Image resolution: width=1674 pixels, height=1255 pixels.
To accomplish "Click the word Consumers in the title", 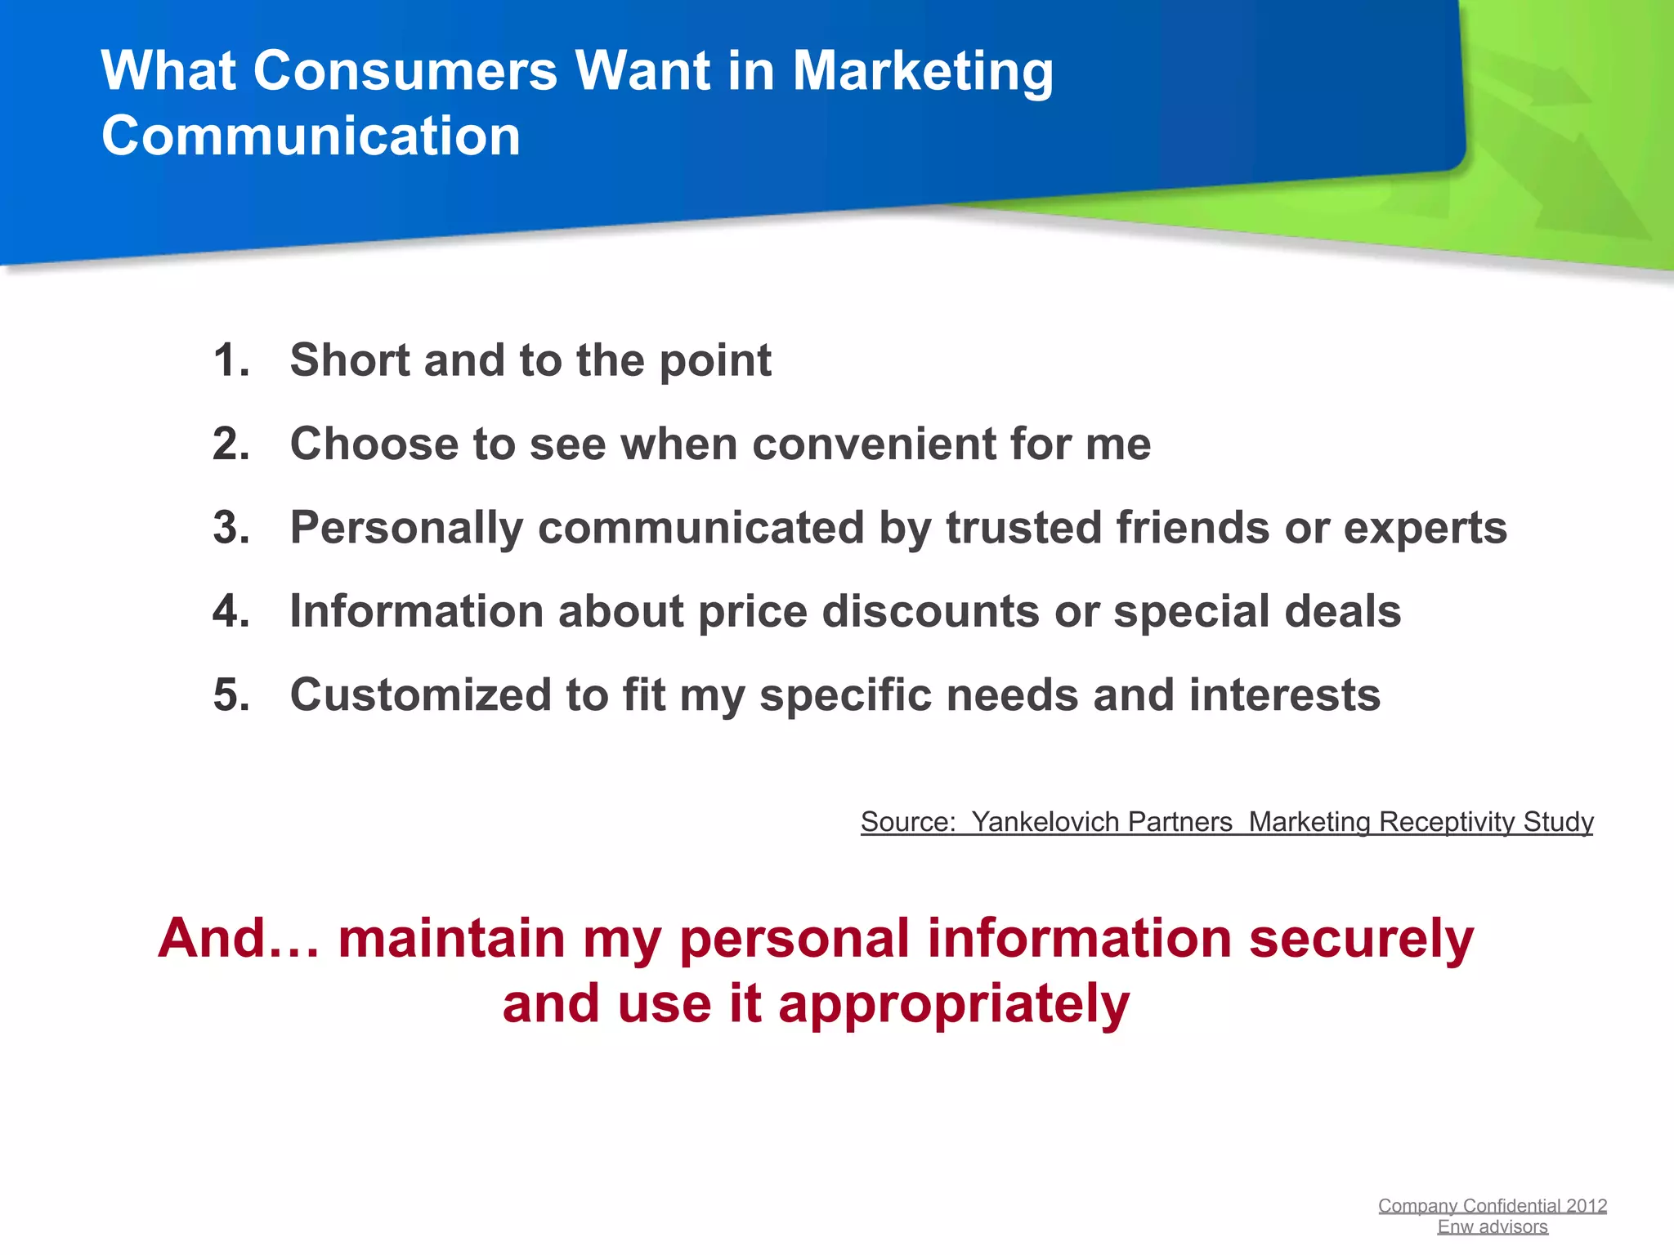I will click(x=405, y=71).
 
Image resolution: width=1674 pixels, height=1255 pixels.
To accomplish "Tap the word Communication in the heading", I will click(x=311, y=136).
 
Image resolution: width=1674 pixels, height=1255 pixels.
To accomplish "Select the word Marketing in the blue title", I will click(x=923, y=73).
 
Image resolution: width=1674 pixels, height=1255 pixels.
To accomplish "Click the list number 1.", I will click(x=231, y=360).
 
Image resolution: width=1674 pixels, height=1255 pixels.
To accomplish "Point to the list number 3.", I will click(x=231, y=528).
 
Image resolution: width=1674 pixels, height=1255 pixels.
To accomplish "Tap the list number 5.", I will click(x=231, y=695).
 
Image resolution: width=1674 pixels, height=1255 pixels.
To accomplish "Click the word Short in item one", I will click(x=349, y=360).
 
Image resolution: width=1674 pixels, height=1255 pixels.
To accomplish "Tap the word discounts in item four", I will click(x=930, y=612).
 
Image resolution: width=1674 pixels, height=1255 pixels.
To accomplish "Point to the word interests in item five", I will click(x=1284, y=695).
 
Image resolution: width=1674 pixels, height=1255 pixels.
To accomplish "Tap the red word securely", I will click(x=1361, y=939).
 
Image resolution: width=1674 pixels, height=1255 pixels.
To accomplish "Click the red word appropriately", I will click(x=954, y=1005).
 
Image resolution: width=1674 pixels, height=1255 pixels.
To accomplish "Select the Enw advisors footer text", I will click(x=1493, y=1227).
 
